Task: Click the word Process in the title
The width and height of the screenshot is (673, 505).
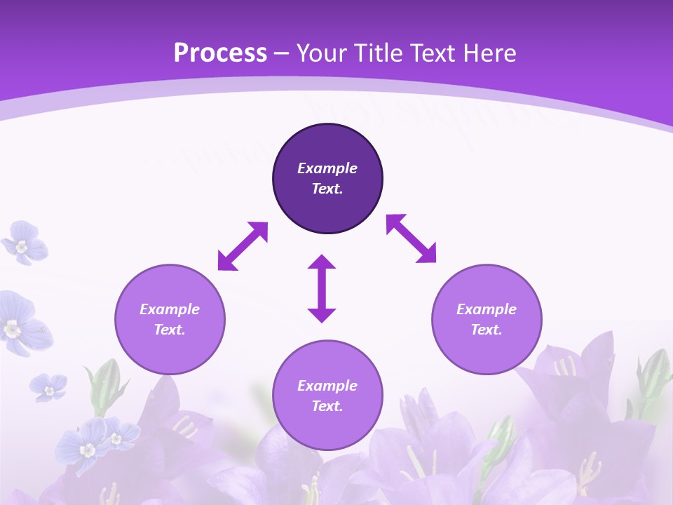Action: tap(220, 53)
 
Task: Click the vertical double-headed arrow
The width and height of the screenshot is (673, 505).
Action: tap(322, 289)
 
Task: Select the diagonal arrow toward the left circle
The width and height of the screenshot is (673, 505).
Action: tap(243, 246)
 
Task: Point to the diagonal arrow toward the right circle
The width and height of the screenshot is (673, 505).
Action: tap(412, 238)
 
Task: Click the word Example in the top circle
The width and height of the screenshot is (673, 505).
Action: tap(327, 168)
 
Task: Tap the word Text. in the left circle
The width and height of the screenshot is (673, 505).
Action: tap(170, 330)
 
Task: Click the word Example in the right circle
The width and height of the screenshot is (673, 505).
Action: tap(487, 309)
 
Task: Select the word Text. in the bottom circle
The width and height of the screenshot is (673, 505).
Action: tap(327, 406)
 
